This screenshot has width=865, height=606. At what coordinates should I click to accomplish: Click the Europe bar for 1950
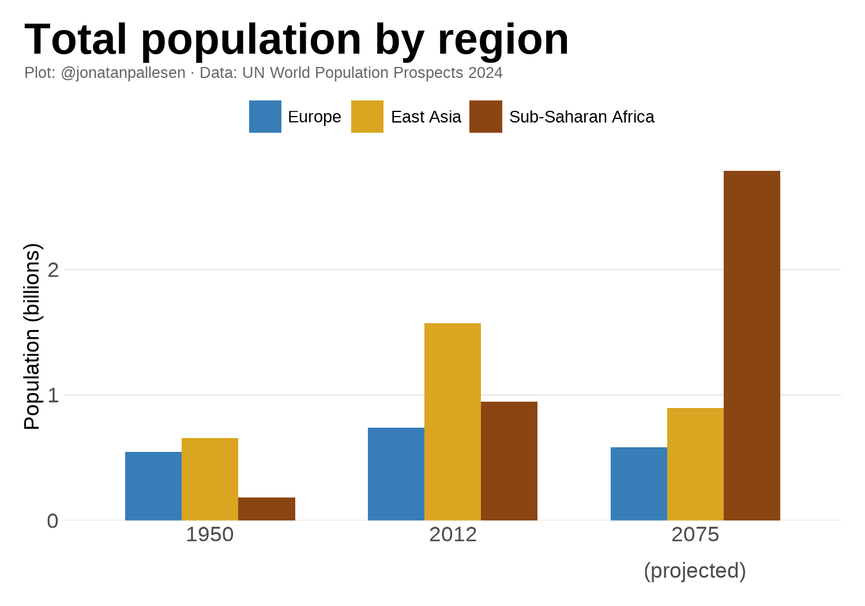153,486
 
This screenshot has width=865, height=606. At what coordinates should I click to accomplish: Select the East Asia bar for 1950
210,479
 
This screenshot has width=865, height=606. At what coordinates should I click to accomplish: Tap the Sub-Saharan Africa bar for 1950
266,509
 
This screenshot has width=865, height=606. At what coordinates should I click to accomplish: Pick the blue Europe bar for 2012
396,474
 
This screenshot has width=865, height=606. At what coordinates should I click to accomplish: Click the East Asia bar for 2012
453,422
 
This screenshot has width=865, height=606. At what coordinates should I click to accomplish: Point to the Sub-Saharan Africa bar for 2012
509,461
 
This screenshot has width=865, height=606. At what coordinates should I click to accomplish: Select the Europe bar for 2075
639,484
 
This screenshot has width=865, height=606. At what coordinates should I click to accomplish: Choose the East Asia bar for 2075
695,464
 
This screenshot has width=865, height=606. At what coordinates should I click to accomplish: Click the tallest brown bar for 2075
752,346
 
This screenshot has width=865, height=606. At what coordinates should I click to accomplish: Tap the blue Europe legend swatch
265,117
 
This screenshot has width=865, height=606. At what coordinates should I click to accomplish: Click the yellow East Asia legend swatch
367,117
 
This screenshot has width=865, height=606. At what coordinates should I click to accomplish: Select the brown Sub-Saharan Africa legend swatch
486,117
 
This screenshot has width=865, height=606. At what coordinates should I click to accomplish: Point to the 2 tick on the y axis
53,270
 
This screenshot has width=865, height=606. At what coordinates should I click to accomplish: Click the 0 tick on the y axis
53,521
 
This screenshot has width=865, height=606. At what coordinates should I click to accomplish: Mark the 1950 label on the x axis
210,534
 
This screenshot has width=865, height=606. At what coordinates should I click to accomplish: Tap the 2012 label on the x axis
453,534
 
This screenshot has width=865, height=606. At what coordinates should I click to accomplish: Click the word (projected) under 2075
695,570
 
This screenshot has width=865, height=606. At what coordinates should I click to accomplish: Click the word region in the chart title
503,39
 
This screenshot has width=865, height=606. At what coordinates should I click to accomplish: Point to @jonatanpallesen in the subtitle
123,73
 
